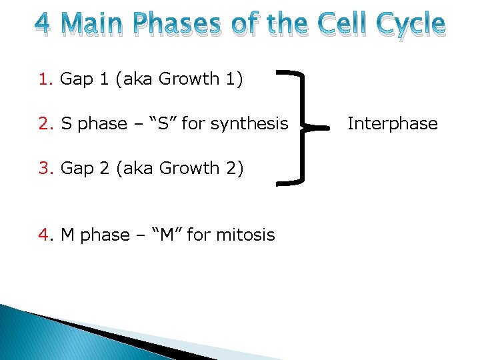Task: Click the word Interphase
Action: (393, 123)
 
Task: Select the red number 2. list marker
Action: (46, 124)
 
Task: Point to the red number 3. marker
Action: (46, 169)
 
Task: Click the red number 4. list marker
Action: (46, 235)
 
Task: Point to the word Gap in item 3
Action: (75, 169)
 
